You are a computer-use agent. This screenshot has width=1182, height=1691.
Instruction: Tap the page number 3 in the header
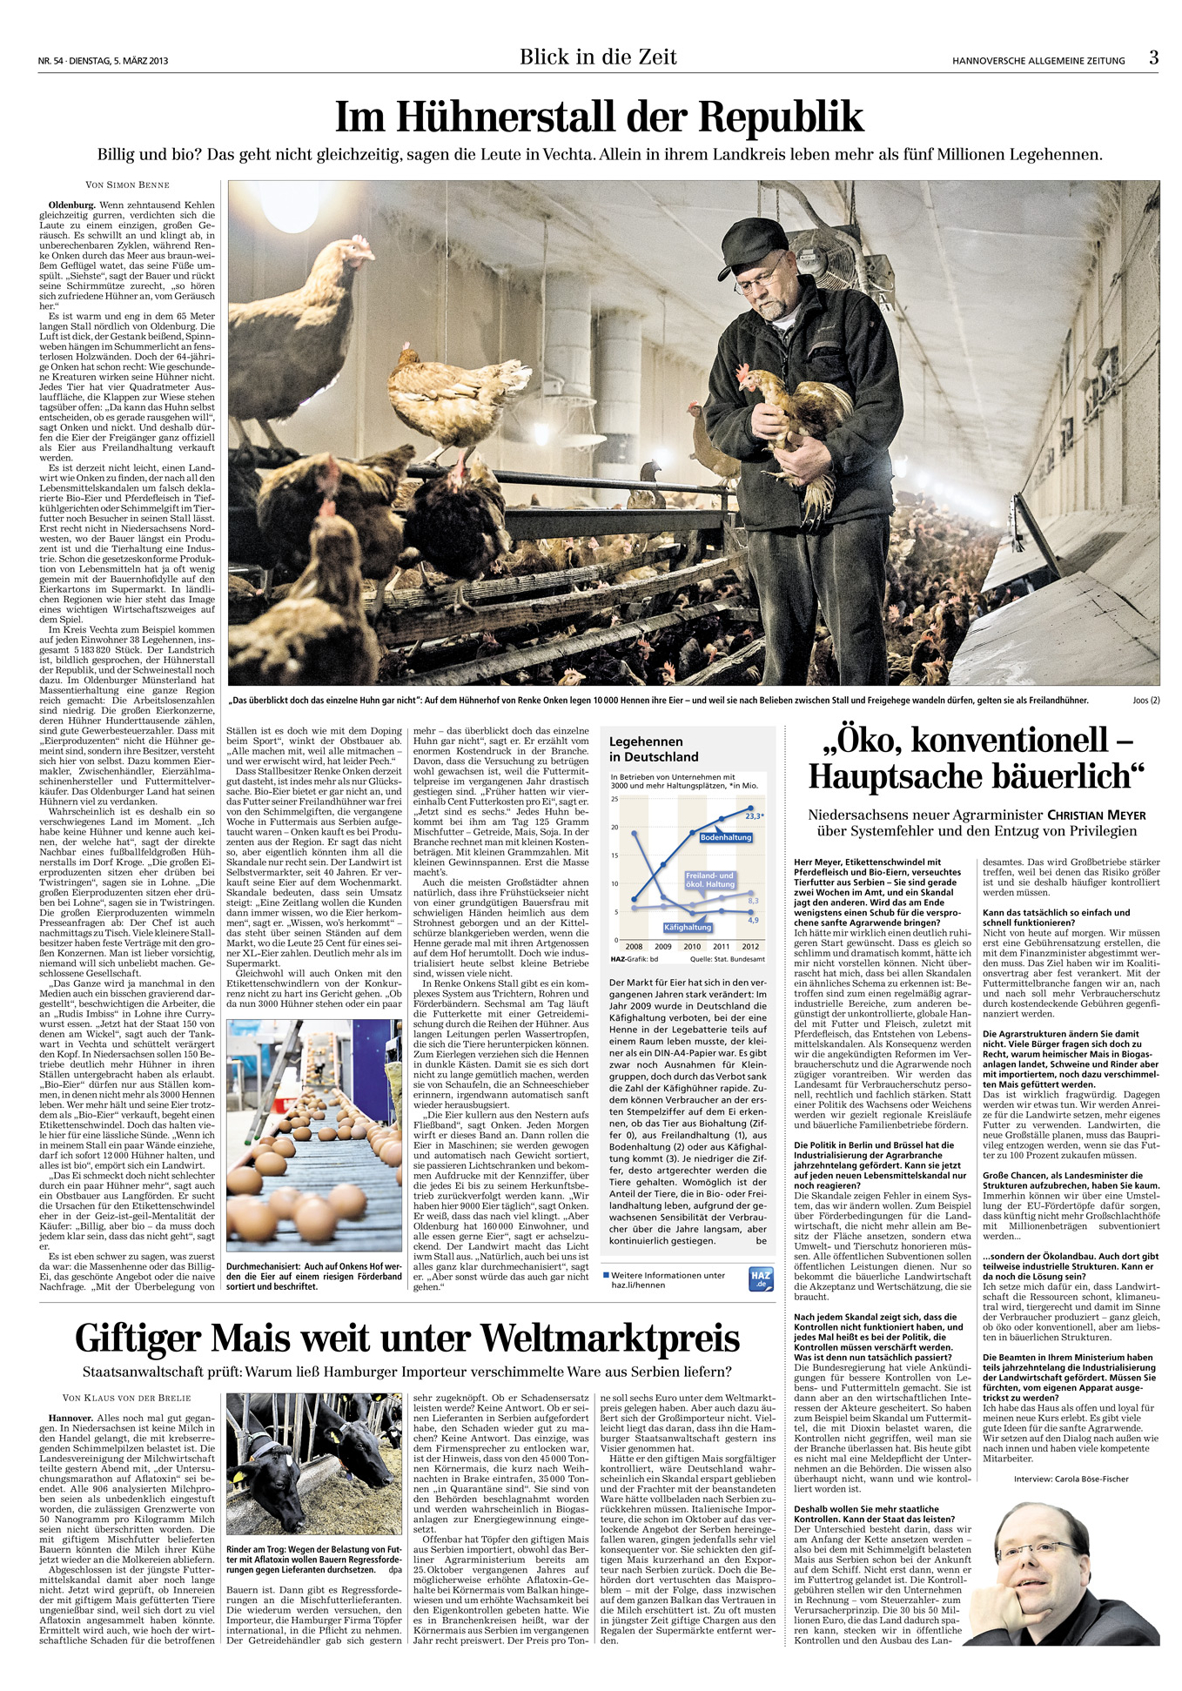click(x=1153, y=57)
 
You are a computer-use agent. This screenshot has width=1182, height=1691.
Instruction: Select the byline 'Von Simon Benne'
click(x=127, y=185)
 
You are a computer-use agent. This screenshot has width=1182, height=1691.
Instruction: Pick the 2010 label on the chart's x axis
click(x=692, y=947)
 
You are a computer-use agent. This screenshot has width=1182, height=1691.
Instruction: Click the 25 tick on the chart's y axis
click(x=615, y=799)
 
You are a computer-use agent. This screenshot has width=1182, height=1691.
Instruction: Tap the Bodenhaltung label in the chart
click(x=726, y=838)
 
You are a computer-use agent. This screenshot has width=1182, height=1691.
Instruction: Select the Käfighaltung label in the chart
click(x=688, y=928)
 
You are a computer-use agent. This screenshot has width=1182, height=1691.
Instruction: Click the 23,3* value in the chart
click(x=754, y=816)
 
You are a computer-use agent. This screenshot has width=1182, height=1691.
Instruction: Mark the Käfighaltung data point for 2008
click(x=635, y=833)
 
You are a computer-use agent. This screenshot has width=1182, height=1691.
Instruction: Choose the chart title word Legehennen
click(x=646, y=741)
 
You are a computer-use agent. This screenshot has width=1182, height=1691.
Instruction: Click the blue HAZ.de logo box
click(x=761, y=1279)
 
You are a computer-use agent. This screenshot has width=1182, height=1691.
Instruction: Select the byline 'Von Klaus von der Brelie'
click(x=127, y=1398)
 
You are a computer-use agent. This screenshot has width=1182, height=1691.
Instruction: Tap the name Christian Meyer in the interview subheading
click(x=1097, y=815)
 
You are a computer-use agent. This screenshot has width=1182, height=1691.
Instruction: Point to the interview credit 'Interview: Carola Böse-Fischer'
click(x=1071, y=1479)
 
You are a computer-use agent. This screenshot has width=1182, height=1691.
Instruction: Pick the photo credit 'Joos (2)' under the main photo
click(x=1145, y=701)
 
